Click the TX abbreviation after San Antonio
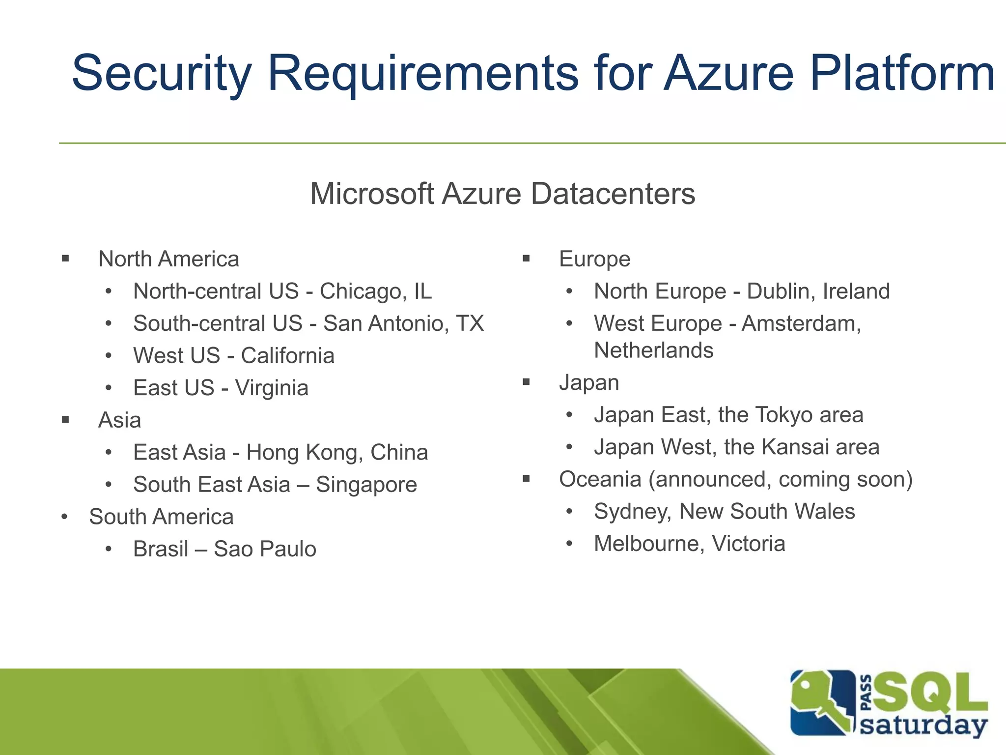tap(470, 323)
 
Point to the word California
tap(287, 356)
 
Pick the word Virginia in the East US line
tap(272, 388)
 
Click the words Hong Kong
tap(305, 453)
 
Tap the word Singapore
tap(366, 485)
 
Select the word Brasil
tap(161, 549)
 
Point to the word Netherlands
tap(653, 350)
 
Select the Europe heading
tap(594, 259)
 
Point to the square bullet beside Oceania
tap(526, 478)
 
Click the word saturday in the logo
tap(923, 725)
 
